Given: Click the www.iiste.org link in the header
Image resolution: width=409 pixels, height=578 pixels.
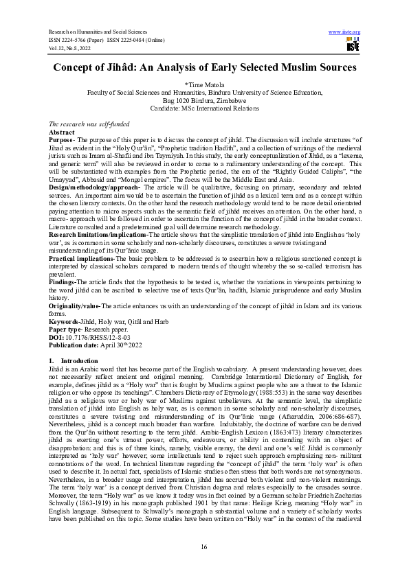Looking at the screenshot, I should click(x=345, y=32).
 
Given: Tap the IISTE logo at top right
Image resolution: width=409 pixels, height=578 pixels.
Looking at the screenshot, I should click(x=353, y=45).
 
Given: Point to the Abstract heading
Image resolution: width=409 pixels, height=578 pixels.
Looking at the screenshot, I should click(x=62, y=130).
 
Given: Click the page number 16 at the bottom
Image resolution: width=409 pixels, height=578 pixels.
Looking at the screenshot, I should click(x=204, y=546).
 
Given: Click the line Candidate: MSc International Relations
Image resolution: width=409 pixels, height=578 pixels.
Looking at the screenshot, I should click(x=204, y=108).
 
